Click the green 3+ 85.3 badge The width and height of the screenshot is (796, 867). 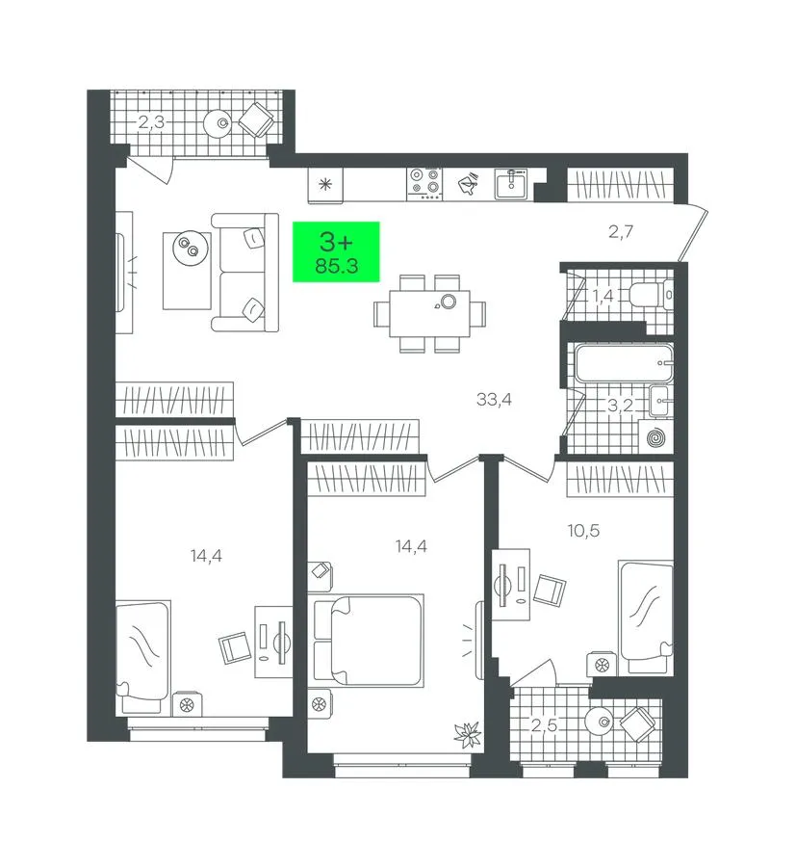pos(336,251)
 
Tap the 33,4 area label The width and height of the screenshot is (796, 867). pos(494,399)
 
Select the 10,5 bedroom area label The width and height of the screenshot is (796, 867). pos(583,531)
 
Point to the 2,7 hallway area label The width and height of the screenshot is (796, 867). pos(621,231)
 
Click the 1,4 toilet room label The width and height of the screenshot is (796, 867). pos(603,296)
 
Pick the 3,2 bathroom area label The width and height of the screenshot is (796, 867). pos(620,406)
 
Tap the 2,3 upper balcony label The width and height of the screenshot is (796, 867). pos(151,121)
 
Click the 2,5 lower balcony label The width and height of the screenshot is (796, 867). pos(544,724)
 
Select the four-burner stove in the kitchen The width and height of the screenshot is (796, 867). pos(424,184)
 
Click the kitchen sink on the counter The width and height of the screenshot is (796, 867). pos(511,184)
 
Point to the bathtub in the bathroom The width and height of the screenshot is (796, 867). pos(624,363)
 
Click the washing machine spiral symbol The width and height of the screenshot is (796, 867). pos(656,439)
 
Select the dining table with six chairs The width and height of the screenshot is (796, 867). pos(429,313)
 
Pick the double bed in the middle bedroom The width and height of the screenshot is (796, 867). pos(367,641)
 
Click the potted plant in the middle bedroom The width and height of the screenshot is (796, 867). pos(468,735)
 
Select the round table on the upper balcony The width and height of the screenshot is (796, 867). pos(221,122)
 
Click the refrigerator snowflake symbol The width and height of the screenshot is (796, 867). pos(325,184)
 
